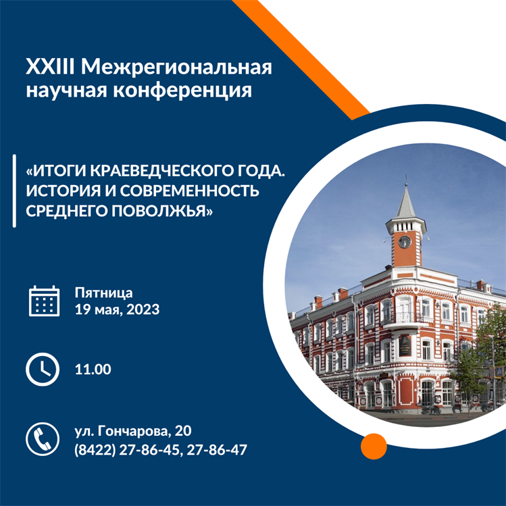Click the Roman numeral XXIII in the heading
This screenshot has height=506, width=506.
point(51,67)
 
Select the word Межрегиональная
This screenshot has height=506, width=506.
point(176,68)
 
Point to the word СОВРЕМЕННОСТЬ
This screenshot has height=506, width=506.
point(190,191)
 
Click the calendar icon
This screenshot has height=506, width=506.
point(44,301)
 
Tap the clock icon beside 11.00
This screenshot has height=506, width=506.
point(43,369)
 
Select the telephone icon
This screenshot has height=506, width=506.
point(43,439)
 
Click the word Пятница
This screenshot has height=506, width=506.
point(103,293)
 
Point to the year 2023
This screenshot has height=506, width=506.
point(143,309)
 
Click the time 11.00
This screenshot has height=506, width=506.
point(93,369)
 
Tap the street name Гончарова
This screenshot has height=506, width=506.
point(134,431)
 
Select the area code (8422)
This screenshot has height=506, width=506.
point(95,450)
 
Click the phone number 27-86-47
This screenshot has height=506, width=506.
point(217,450)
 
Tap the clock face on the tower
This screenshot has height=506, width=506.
point(405,242)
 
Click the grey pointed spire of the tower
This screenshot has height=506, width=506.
point(405,201)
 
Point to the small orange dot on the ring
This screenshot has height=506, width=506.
point(374,447)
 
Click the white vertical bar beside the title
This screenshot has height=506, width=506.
point(14,191)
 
